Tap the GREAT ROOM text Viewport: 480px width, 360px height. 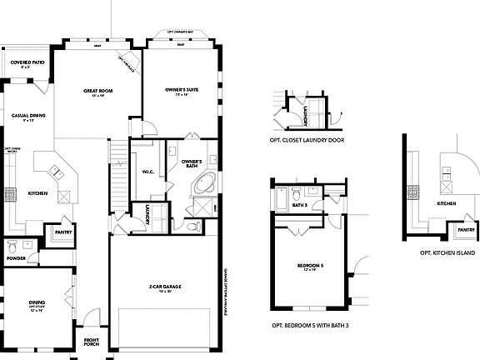point(97,92)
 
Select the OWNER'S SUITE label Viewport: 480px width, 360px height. point(179,92)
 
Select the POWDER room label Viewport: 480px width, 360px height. point(17,258)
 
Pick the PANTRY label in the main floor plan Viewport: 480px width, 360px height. point(62,232)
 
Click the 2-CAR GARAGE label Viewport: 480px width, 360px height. point(167,287)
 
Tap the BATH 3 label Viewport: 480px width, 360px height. point(301,205)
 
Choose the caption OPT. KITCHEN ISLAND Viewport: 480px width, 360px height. point(447,252)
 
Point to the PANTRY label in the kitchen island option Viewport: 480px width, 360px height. point(467,229)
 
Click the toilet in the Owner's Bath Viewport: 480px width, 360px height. point(193,226)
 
